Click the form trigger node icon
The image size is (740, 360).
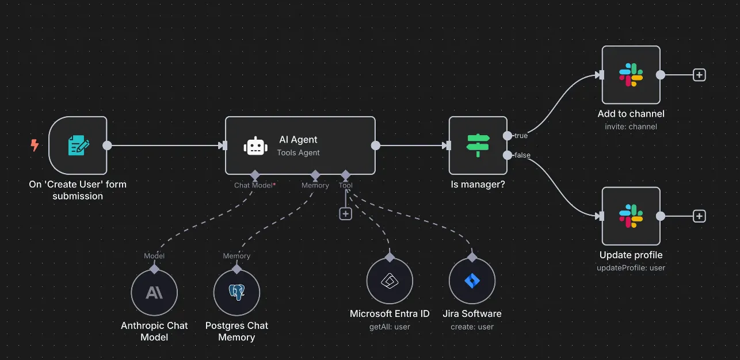[x=78, y=145]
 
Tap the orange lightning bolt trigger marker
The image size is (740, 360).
[x=35, y=145]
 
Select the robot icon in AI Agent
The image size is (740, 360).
[x=255, y=146]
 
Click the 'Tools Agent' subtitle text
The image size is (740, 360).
[x=298, y=153]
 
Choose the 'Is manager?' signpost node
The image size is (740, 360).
[x=478, y=145]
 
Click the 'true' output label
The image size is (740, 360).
[x=521, y=136]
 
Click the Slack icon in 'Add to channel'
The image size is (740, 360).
[x=631, y=75]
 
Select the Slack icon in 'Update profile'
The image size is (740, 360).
[x=631, y=216]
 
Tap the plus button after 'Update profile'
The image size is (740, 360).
[x=699, y=216]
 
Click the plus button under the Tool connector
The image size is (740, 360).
[x=345, y=214]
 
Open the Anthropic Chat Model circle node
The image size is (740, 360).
[x=154, y=293]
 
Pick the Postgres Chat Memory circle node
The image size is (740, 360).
[x=237, y=293]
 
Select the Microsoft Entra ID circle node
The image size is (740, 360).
[x=390, y=281]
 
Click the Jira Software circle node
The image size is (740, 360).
[x=472, y=281]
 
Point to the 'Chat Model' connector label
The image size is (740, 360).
[x=253, y=185]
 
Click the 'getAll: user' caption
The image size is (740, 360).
[x=390, y=327]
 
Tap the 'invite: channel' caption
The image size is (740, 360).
[x=631, y=127]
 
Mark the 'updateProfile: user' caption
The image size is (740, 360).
[x=631, y=267]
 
